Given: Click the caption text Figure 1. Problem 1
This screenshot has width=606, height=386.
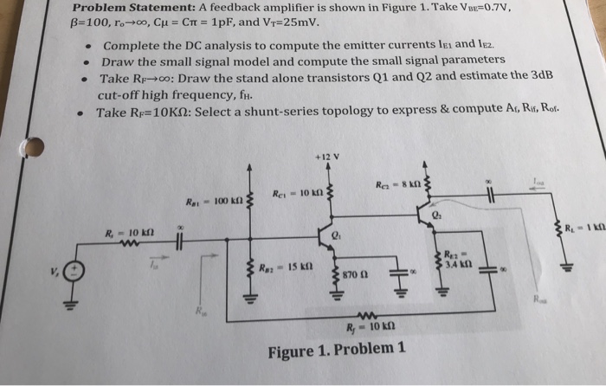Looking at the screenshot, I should [x=336, y=351].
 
